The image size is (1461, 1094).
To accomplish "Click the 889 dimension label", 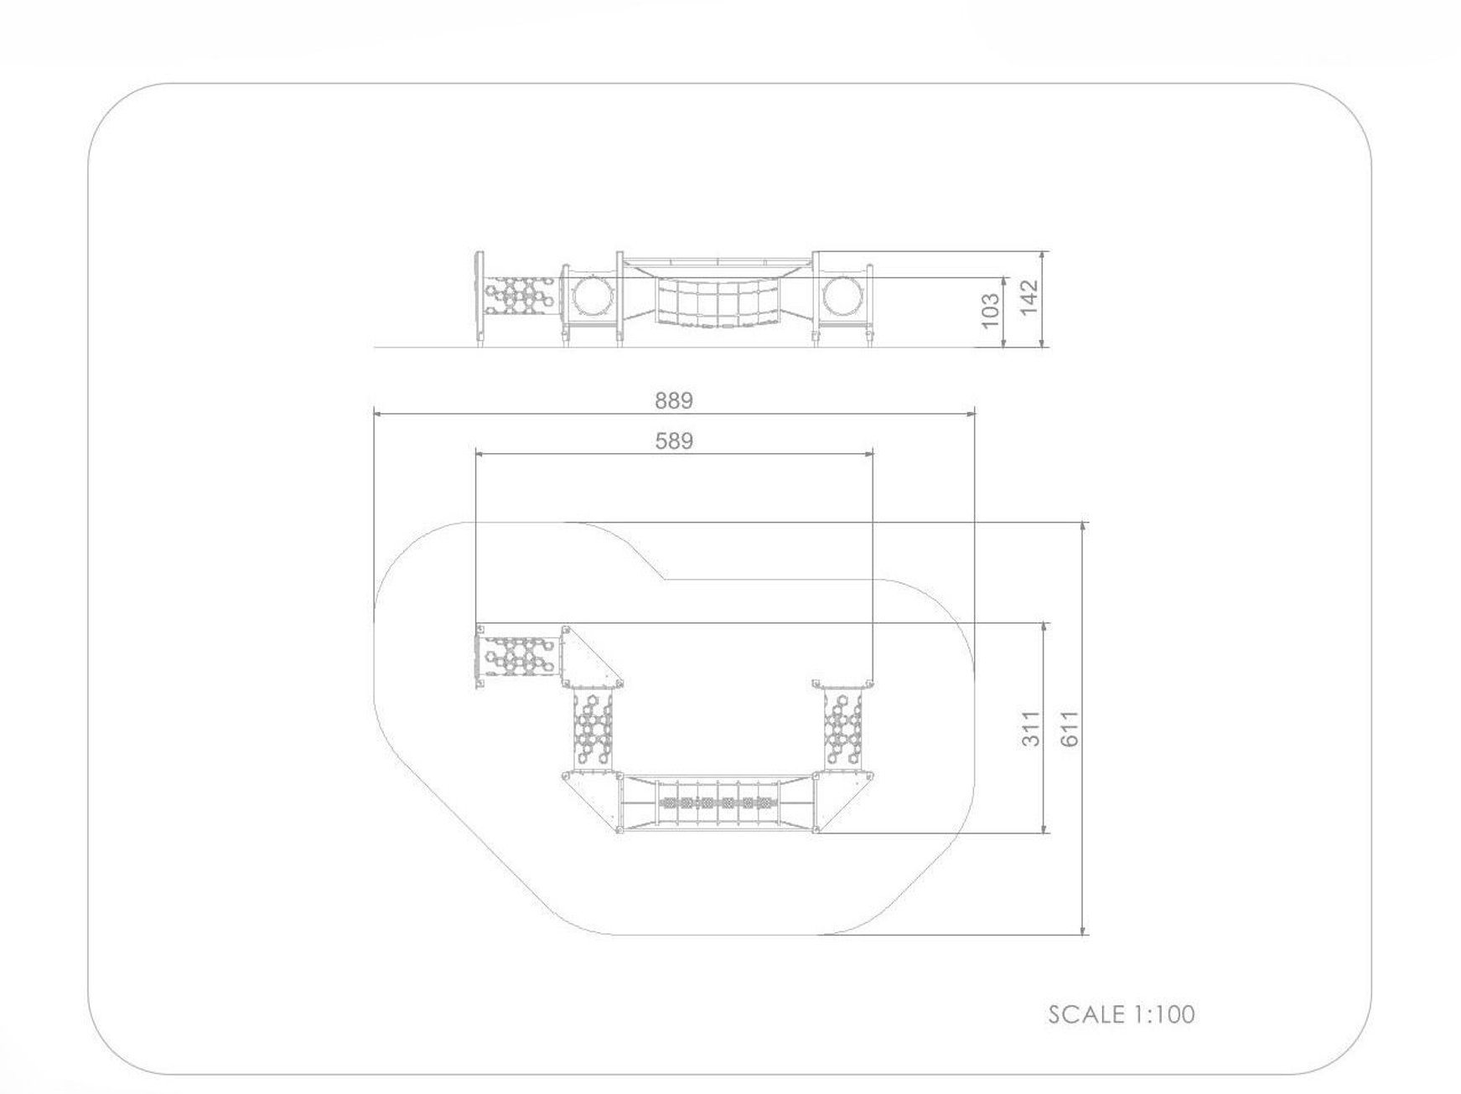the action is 674,400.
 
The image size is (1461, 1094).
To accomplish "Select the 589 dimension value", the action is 674,441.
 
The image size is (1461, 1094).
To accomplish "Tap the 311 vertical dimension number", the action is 1031,728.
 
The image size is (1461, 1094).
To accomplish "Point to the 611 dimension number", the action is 1070,728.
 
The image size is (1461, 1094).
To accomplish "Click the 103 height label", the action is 990,311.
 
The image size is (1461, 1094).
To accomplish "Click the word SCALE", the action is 1087,1014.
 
